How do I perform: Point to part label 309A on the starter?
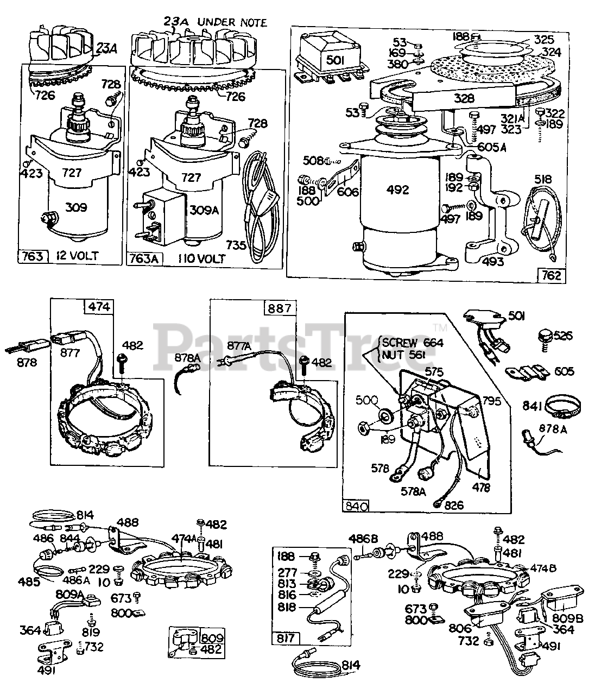point(204,210)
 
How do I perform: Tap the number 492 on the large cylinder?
point(398,190)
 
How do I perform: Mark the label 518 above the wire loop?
point(543,179)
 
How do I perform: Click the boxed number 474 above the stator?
point(99,307)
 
